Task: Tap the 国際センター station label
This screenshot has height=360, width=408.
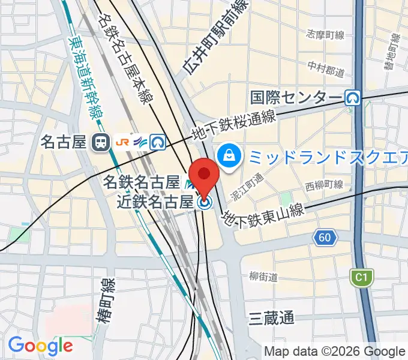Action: pyautogui.click(x=296, y=97)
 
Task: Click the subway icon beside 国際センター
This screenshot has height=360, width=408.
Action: pyautogui.click(x=353, y=97)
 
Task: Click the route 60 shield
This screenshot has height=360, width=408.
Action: pyautogui.click(x=324, y=238)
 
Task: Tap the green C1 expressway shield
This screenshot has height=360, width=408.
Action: pyautogui.click(x=361, y=277)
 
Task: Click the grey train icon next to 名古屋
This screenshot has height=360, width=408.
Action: pyautogui.click(x=99, y=142)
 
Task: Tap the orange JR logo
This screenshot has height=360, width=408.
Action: pyautogui.click(x=122, y=142)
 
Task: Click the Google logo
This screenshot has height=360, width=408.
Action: pyautogui.click(x=40, y=346)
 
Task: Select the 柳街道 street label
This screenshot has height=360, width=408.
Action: pyautogui.click(x=263, y=277)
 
